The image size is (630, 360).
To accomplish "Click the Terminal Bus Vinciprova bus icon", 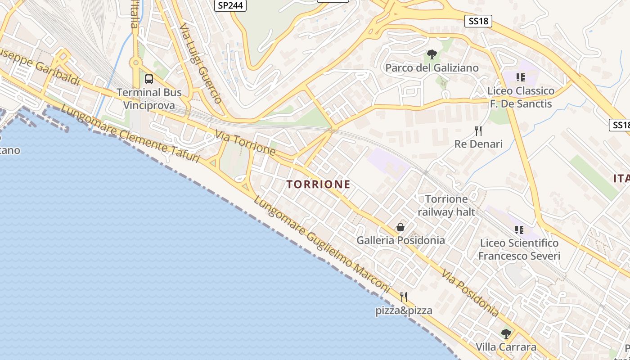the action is pyautogui.click(x=149, y=79).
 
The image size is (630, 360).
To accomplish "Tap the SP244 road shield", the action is pyautogui.click(x=230, y=5).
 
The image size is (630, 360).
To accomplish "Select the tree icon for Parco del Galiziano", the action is pyautogui.click(x=432, y=55).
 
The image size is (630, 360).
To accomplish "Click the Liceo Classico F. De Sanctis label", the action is pyautogui.click(x=521, y=97).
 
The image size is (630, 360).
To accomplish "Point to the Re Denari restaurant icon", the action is pyautogui.click(x=478, y=131).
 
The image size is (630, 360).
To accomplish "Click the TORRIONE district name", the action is pyautogui.click(x=318, y=184).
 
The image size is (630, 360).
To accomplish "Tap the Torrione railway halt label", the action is pyautogui.click(x=446, y=205).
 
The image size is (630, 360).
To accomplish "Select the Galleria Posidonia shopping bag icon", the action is pyautogui.click(x=400, y=227).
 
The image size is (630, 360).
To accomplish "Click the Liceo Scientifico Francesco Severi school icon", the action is pyautogui.click(x=519, y=230).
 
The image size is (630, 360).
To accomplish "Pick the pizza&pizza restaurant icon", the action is pyautogui.click(x=404, y=297).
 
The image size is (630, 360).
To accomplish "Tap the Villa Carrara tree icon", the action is pyautogui.click(x=506, y=334).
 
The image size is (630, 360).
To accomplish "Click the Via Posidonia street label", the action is pyautogui.click(x=470, y=293).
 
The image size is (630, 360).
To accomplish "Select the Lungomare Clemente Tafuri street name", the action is pyautogui.click(x=130, y=133).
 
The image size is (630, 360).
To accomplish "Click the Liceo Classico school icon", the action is pyautogui.click(x=521, y=77).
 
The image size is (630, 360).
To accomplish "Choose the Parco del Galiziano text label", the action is pyautogui.click(x=432, y=68).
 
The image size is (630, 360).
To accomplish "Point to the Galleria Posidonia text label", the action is pyautogui.click(x=400, y=240).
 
